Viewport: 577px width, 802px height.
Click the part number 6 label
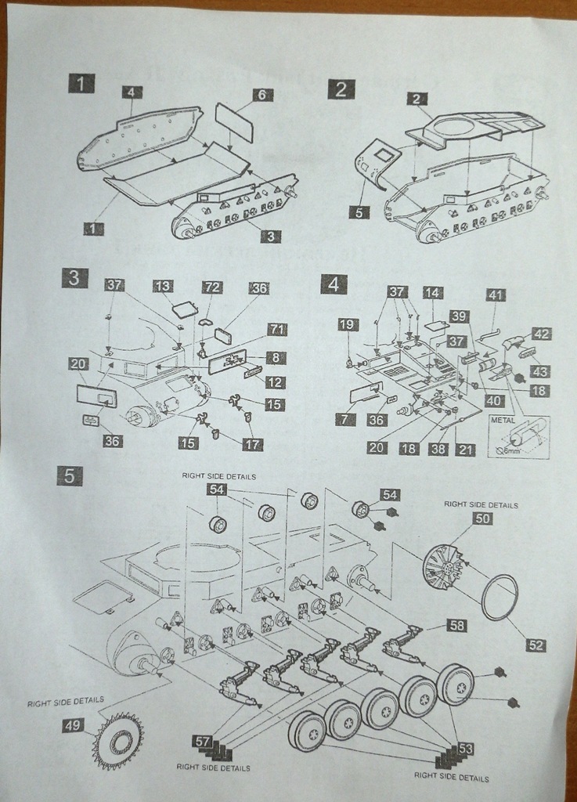(x=264, y=95)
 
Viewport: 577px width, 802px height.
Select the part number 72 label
(x=213, y=288)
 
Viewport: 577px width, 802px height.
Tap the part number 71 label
(x=277, y=329)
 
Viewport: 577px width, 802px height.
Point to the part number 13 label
(x=163, y=287)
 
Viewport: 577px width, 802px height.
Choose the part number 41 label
(x=496, y=295)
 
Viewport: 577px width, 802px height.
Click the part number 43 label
(x=540, y=371)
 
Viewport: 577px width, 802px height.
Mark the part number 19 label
(x=348, y=324)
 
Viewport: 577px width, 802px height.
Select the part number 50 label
(x=482, y=518)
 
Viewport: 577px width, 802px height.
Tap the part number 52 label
(x=536, y=645)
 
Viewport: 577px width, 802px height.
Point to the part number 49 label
(x=73, y=725)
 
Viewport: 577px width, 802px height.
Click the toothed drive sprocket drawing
(x=118, y=741)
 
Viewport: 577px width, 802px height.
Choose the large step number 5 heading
(x=70, y=475)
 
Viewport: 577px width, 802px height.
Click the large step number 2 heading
(x=340, y=89)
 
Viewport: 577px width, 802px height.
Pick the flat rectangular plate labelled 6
(x=234, y=123)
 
